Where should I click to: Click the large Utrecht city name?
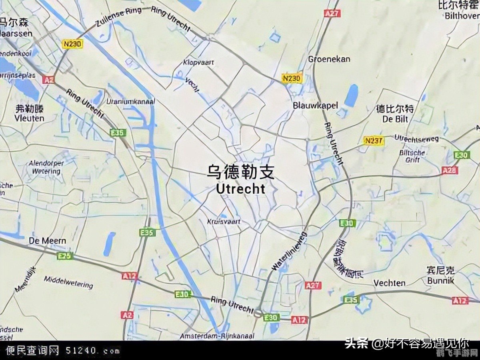(240, 188)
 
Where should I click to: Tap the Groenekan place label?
(329, 59)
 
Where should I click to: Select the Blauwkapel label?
(315, 106)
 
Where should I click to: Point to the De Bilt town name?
(395, 119)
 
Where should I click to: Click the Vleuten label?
(29, 118)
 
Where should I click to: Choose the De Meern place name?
(48, 241)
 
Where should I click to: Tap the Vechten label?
(389, 283)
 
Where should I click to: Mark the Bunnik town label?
(440, 280)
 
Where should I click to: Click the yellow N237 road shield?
(374, 141)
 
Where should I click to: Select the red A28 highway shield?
(450, 171)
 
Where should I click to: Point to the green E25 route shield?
(65, 256)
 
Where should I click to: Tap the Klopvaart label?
(199, 62)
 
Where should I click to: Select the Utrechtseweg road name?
(416, 138)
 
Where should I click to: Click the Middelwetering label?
(68, 282)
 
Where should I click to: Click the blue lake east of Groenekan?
(351, 96)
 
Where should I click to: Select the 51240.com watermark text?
(92, 351)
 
